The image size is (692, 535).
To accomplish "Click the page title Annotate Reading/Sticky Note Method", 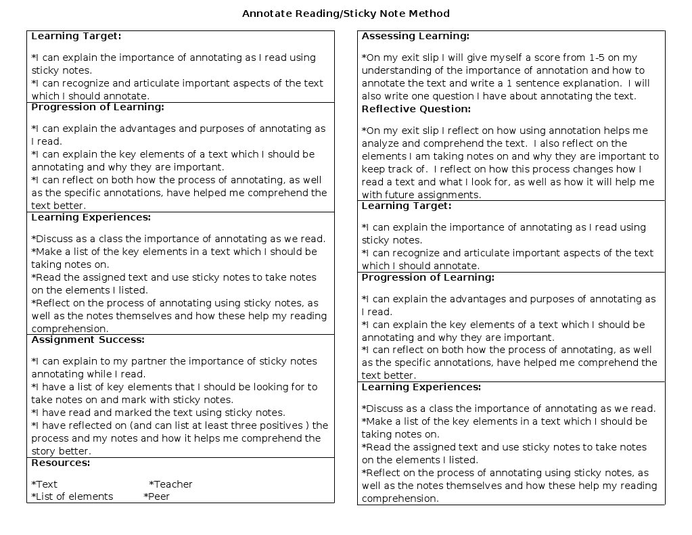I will point(346,14).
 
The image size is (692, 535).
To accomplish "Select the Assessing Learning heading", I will point(415,36).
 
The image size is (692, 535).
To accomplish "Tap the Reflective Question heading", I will point(416,109).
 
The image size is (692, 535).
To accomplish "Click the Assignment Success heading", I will point(88,340).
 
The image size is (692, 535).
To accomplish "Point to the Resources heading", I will point(61,463).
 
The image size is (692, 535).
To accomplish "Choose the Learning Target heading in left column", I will point(76,36).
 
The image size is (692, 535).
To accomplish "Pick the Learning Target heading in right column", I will point(407,206).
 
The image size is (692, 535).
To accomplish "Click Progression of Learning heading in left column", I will point(97,107).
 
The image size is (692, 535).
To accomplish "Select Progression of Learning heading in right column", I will point(428,277).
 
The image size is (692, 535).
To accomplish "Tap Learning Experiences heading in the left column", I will point(91,217).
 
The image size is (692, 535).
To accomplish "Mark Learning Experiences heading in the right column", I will point(421,387).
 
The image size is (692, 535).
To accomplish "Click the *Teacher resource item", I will point(170,484).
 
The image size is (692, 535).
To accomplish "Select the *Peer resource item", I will point(156,496).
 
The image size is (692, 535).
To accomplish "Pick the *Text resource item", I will point(45,484).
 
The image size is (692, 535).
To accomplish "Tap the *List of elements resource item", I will point(72,496).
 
